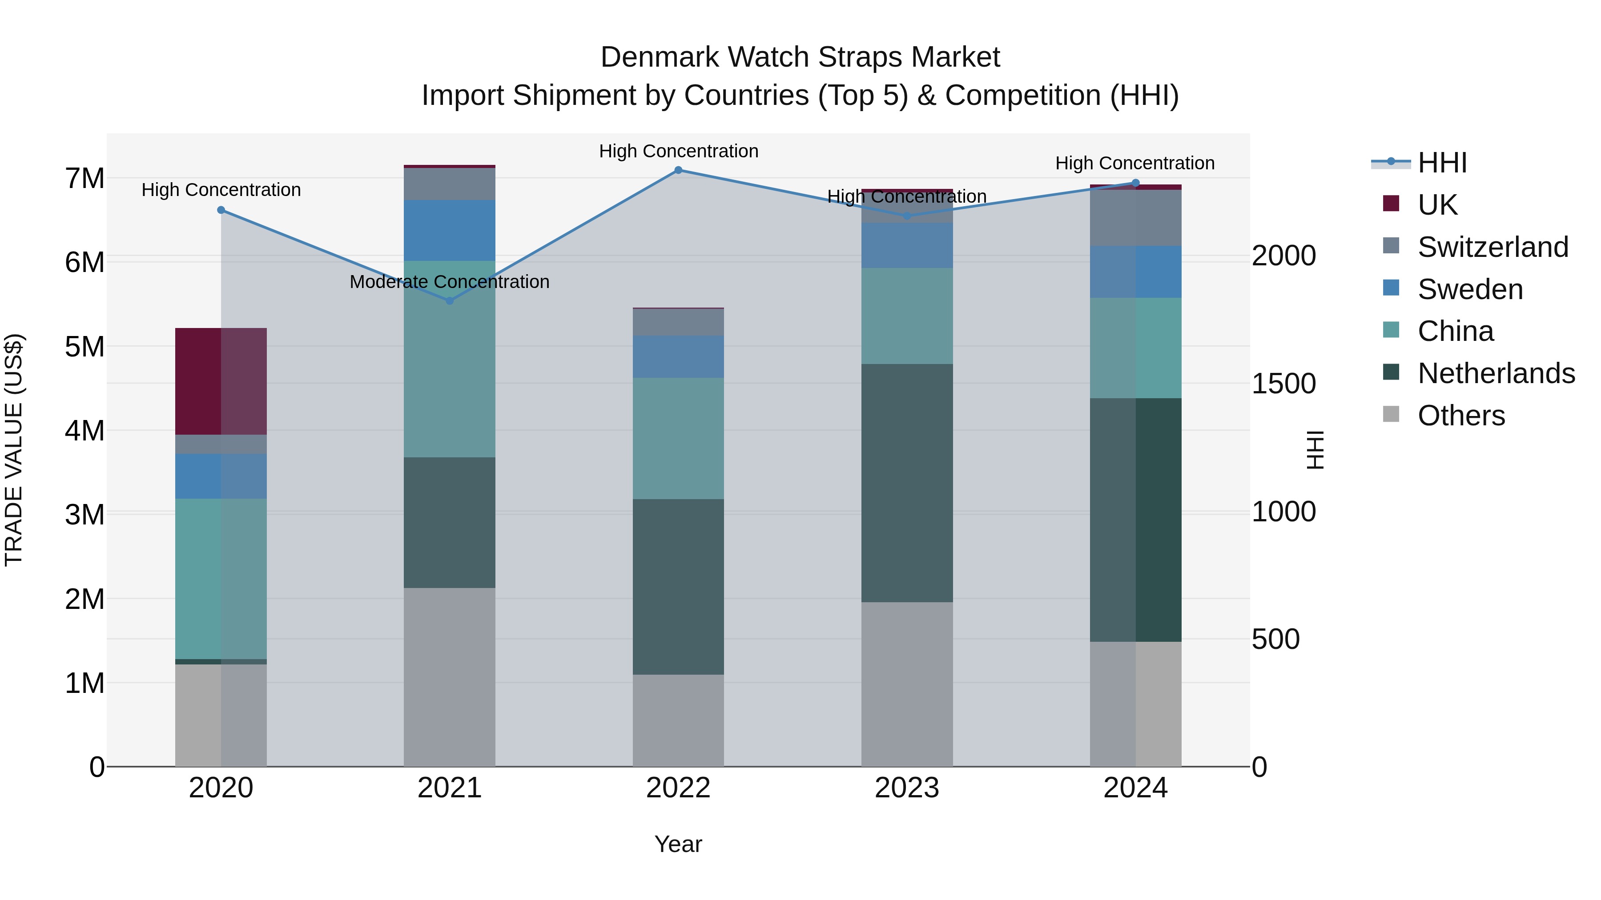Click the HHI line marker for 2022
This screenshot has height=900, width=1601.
pyautogui.click(x=678, y=170)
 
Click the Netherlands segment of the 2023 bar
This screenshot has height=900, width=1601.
pyautogui.click(x=907, y=483)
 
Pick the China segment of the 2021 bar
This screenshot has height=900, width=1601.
pyautogui.click(x=449, y=359)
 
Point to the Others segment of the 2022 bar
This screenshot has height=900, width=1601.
pyautogui.click(x=678, y=720)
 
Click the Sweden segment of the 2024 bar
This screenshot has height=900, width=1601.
pyautogui.click(x=1135, y=272)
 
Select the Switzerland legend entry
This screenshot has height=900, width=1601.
pyautogui.click(x=1492, y=247)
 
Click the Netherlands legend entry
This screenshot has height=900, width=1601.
pyautogui.click(x=1495, y=373)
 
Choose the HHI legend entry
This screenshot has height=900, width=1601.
pyautogui.click(x=1442, y=163)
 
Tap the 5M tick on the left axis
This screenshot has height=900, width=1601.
pyautogui.click(x=85, y=347)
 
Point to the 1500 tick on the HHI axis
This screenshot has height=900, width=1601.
pyautogui.click(x=1283, y=384)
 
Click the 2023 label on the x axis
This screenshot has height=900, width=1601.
pyautogui.click(x=907, y=788)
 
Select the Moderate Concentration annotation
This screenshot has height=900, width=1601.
pyautogui.click(x=449, y=282)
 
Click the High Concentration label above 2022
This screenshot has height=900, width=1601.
pyautogui.click(x=679, y=151)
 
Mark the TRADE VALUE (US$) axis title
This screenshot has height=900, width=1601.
pyautogui.click(x=14, y=450)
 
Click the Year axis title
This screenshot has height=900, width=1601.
pyautogui.click(x=678, y=844)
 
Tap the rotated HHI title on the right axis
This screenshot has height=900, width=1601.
pyautogui.click(x=1315, y=450)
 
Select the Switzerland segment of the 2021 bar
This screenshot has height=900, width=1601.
pyautogui.click(x=449, y=184)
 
